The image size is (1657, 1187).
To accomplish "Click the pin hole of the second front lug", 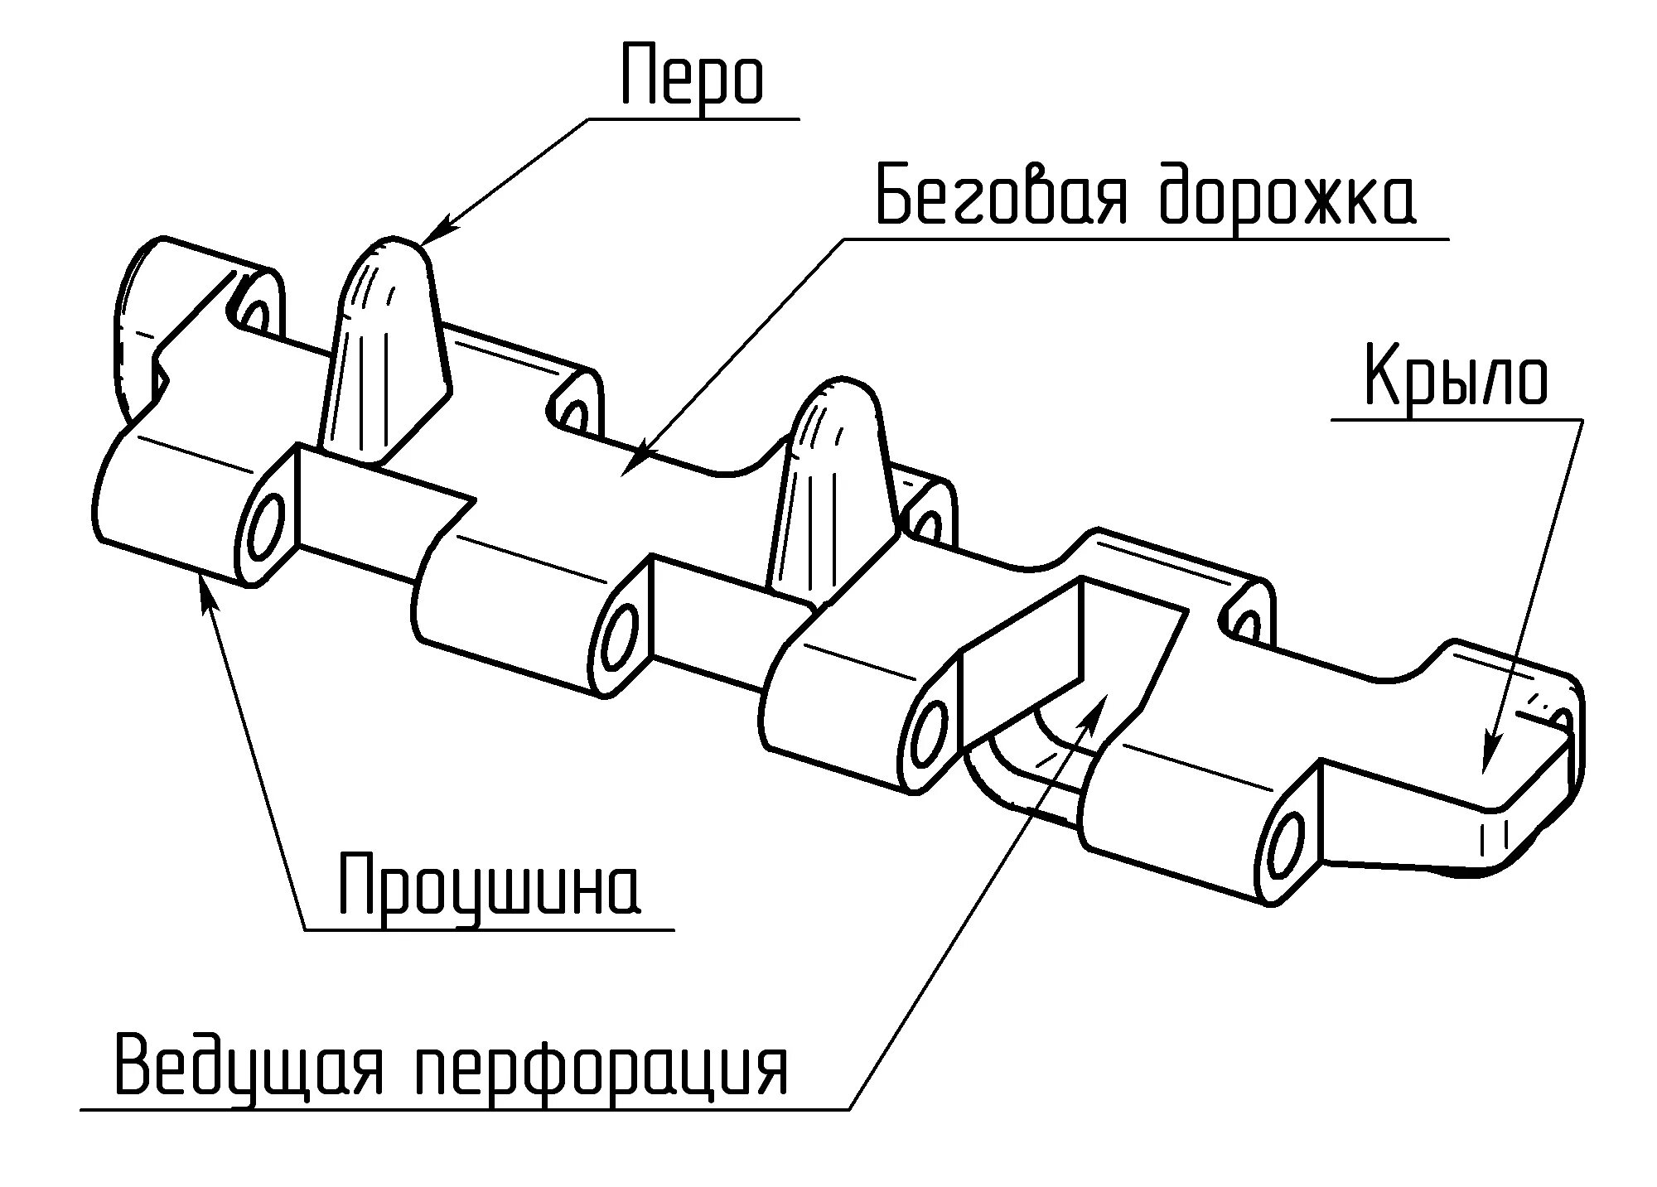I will pos(621,637).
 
